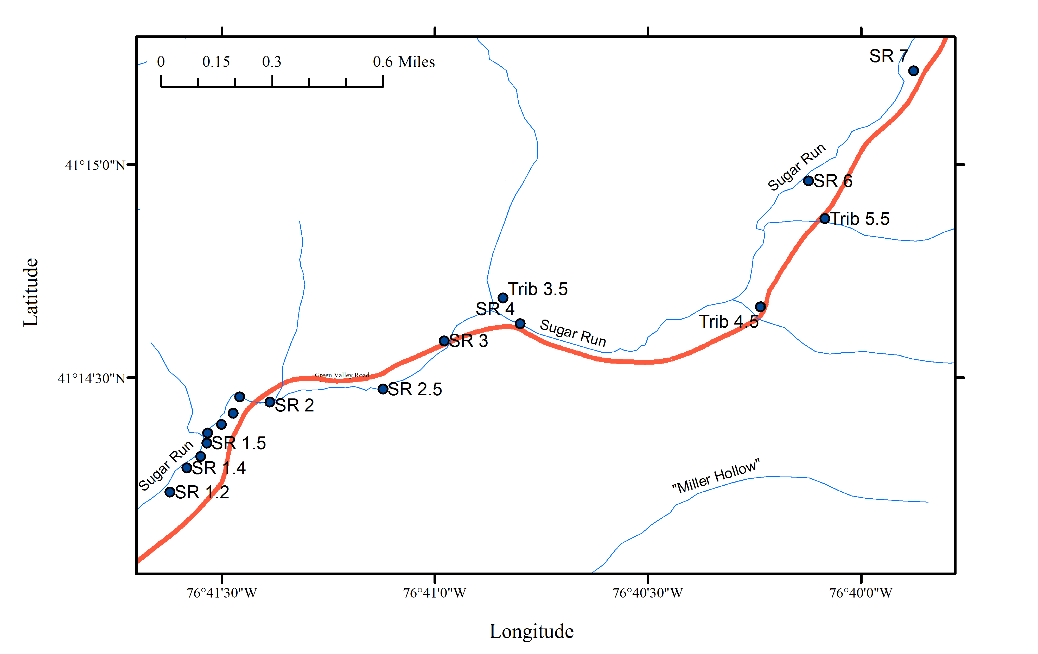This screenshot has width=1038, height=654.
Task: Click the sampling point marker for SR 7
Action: pos(913,71)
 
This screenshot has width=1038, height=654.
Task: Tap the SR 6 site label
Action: pos(833,181)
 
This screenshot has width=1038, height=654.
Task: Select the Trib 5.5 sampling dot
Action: pos(824,219)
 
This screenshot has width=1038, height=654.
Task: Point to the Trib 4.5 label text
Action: pos(729,322)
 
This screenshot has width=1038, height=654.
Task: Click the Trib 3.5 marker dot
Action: pos(503,298)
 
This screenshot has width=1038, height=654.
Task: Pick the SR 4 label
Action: pos(495,309)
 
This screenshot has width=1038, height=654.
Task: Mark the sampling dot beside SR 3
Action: pos(444,341)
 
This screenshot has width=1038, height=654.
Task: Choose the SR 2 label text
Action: pos(294,405)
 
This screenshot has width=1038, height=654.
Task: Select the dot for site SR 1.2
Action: pos(170,492)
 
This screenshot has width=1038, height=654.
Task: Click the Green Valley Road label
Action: pos(342,375)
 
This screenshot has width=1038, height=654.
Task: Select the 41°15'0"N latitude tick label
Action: pos(95,165)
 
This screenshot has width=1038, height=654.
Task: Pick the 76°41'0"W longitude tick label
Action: pos(435,593)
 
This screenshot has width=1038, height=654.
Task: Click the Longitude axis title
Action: pos(532,631)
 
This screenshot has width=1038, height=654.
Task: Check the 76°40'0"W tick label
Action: pos(861,593)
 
